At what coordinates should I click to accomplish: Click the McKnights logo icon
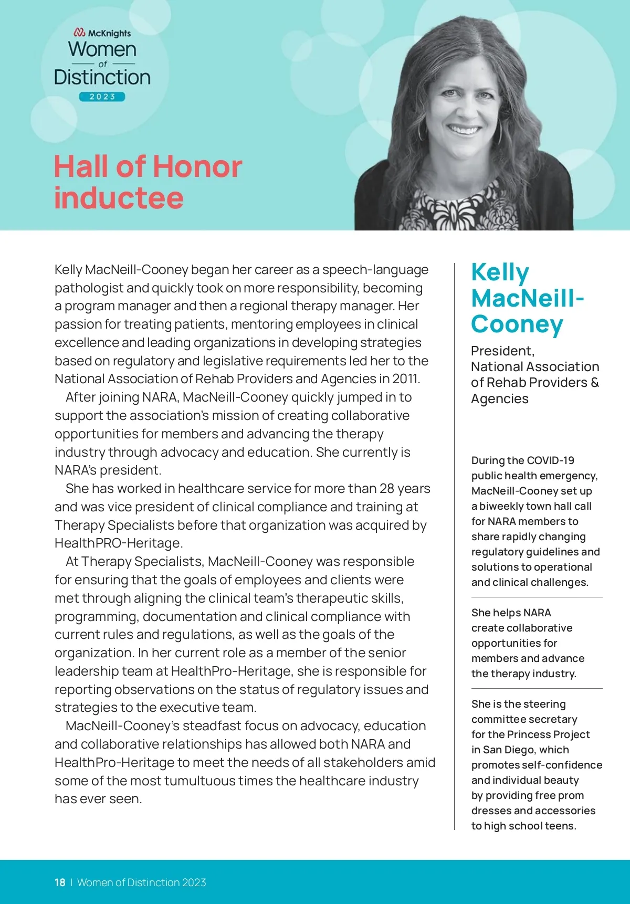80,33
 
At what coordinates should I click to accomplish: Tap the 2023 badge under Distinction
102,97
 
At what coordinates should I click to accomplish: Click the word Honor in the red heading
197,167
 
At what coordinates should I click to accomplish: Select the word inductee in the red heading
119,198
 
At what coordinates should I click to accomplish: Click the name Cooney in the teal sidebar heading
517,324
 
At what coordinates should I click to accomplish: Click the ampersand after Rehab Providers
595,382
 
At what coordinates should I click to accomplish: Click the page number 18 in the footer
60,882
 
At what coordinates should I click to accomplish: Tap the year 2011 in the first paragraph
406,379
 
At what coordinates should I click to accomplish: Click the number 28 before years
386,489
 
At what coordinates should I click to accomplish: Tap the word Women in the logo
102,49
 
